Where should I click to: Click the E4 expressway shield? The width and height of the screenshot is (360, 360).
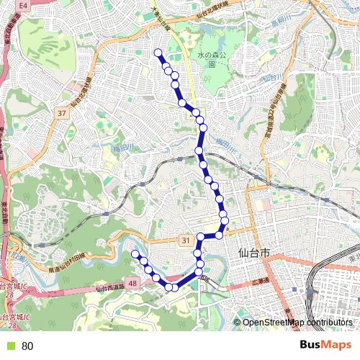point(24,5)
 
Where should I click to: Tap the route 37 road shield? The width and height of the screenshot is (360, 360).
point(61,113)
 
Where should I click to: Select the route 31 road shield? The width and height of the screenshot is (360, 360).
point(186,240)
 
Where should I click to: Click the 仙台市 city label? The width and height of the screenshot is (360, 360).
point(253,253)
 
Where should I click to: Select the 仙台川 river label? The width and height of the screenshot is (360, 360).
point(271,77)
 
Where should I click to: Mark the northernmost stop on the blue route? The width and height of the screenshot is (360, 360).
point(158,52)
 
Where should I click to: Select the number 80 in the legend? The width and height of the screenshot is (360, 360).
point(27,346)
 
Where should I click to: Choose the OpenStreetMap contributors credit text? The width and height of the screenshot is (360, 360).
point(297,323)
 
